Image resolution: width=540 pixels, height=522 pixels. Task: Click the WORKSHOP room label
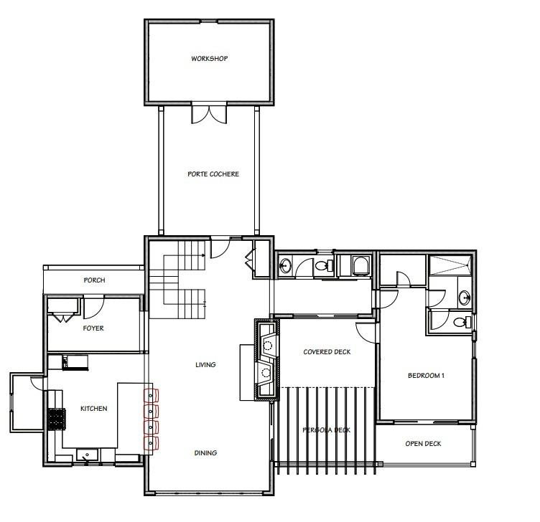tap(209, 58)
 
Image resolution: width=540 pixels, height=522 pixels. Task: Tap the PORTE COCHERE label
tap(213, 174)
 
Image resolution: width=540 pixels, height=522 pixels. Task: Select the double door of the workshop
tap(209, 114)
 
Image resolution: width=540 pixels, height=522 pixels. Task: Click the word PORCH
tap(94, 280)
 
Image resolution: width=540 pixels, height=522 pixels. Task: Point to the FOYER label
tap(93, 328)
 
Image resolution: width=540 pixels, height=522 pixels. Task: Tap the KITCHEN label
tap(93, 409)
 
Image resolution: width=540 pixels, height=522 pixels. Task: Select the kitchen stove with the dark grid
tap(56, 417)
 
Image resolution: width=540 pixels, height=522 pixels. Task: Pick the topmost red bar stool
tap(151, 395)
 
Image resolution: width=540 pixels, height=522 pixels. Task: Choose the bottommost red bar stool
tap(151, 442)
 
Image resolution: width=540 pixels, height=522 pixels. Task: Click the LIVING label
tap(205, 365)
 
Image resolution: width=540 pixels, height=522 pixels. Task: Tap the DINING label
tap(205, 453)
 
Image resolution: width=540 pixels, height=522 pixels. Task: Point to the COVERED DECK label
tap(326, 352)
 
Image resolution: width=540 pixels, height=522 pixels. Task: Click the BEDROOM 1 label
tap(426, 376)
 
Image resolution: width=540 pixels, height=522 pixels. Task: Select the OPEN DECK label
tap(423, 444)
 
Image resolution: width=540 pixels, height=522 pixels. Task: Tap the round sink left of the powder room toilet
tap(285, 267)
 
